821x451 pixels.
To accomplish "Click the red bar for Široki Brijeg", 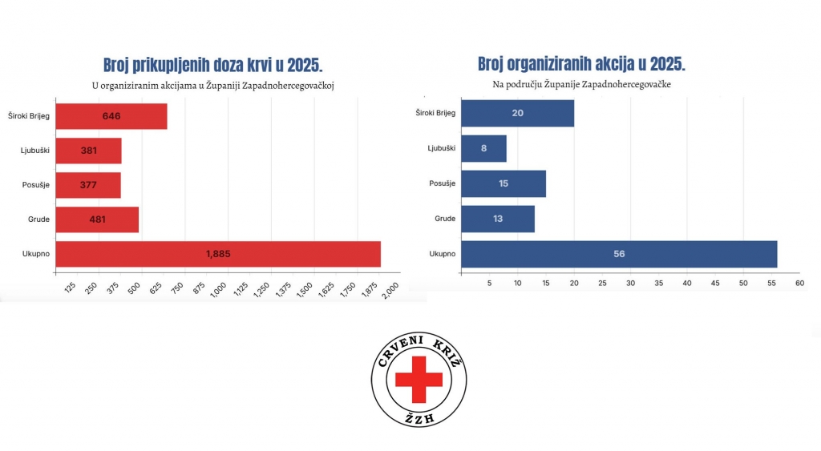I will [x=111, y=116].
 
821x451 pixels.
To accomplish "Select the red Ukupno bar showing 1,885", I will [x=218, y=254].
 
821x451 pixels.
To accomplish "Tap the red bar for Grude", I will [x=98, y=219].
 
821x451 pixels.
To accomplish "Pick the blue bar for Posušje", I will [x=504, y=183].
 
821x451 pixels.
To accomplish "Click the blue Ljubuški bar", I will [x=483, y=148].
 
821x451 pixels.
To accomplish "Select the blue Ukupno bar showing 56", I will [x=619, y=254].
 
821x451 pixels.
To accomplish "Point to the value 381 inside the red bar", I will [x=88, y=151].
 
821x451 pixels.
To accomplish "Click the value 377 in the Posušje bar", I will [x=88, y=185].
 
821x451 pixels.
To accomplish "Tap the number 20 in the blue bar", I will [x=517, y=113].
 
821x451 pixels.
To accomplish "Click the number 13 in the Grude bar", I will [x=498, y=219].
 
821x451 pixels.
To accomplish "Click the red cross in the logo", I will [x=419, y=379].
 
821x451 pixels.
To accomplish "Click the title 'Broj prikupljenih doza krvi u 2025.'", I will [x=213, y=65].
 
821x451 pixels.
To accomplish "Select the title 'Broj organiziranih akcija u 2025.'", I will [x=581, y=64].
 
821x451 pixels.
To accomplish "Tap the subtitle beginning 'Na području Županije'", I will [x=581, y=84].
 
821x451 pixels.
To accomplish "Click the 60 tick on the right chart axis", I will [x=799, y=283].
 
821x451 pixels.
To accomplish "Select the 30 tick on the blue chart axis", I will [x=630, y=283].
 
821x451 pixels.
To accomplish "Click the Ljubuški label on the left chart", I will [x=37, y=151].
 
